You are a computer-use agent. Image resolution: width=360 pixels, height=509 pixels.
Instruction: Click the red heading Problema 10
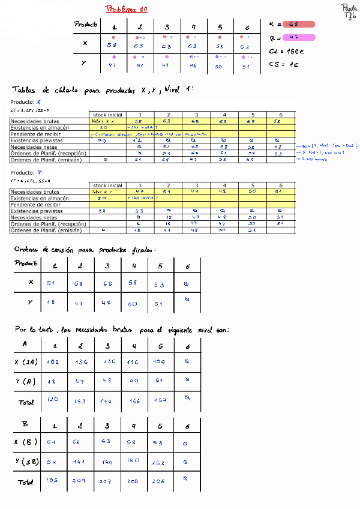coord(126,9)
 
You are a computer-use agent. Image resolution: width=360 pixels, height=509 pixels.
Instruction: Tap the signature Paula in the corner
coord(348,8)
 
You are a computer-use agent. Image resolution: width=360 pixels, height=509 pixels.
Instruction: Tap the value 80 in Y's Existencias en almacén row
coord(103,198)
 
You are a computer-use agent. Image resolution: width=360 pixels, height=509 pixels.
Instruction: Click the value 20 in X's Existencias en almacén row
coord(104,127)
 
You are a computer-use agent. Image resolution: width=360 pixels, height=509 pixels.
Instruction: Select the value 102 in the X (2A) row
coord(53,362)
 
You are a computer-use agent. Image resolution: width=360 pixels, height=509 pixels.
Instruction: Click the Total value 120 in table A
coord(53,399)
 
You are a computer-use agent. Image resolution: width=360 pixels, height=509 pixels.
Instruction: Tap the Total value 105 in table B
coord(53,480)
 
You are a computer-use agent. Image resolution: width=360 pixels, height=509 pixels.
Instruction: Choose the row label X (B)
coord(26,442)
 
